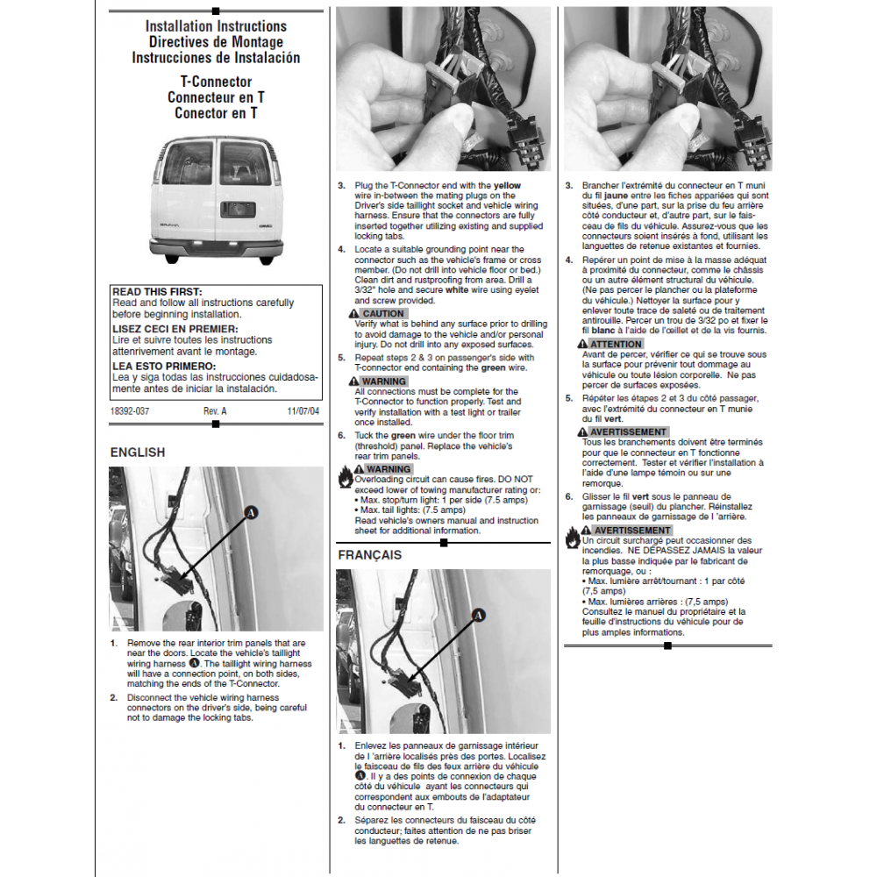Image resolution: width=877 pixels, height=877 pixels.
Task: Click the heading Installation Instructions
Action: [216, 26]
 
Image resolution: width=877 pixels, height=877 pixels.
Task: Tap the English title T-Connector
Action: [216, 82]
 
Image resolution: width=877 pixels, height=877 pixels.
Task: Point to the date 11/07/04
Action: [303, 410]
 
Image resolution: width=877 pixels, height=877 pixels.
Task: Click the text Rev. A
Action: [215, 410]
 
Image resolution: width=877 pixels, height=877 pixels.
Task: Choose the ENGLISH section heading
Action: [137, 453]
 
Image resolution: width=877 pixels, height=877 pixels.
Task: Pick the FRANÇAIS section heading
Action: [369, 555]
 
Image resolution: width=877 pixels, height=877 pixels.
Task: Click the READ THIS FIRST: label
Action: [157, 292]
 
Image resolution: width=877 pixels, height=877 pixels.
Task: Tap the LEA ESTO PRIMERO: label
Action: [164, 367]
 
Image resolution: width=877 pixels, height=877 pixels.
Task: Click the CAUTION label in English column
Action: [382, 314]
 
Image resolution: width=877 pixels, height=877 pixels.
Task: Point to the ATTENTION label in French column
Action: [616, 344]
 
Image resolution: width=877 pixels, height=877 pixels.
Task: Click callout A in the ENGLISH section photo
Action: [251, 512]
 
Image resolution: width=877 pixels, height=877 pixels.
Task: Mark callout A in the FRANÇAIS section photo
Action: [479, 617]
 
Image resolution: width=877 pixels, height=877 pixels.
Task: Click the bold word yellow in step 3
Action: [507, 186]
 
